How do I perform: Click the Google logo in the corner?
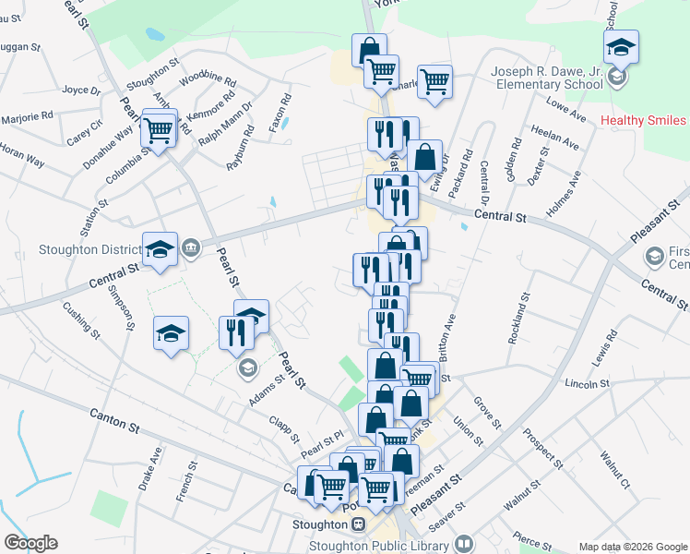tap(30, 543)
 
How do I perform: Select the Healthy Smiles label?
tap(643, 121)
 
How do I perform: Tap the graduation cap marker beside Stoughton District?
tap(161, 249)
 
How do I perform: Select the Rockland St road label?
tap(519, 319)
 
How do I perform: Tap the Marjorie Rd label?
tap(27, 116)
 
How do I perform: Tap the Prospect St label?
tap(541, 447)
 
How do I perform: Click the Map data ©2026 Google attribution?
tap(632, 546)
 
